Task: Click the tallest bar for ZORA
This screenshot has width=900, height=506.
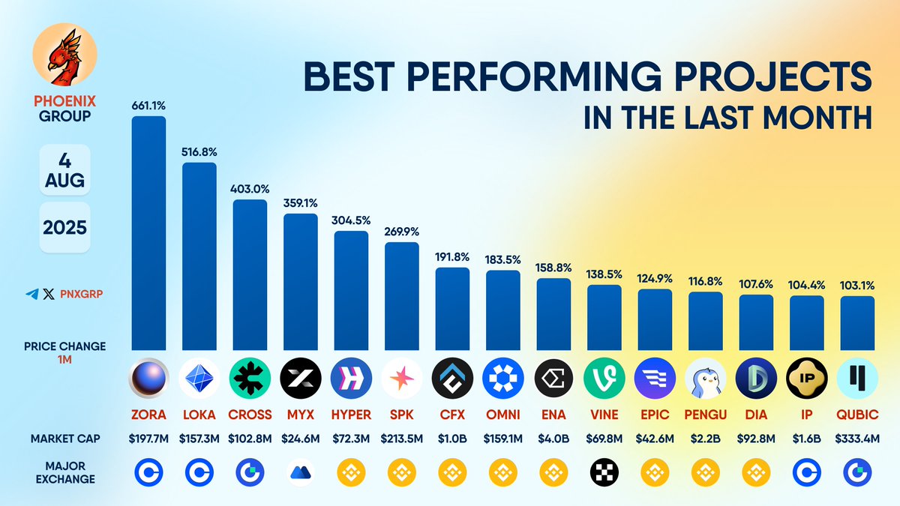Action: pyautogui.click(x=148, y=232)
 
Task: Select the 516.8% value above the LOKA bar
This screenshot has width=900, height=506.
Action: pyautogui.click(x=199, y=152)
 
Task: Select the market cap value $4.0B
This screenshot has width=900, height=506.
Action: pyautogui.click(x=553, y=439)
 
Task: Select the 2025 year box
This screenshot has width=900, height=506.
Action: pyautogui.click(x=64, y=226)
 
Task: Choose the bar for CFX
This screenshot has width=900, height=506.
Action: pyautogui.click(x=452, y=308)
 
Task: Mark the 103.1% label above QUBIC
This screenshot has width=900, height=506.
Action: pyautogui.click(x=857, y=286)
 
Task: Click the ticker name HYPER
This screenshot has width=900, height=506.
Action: pyautogui.click(x=351, y=415)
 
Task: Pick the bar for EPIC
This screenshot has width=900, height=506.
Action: pyautogui.click(x=655, y=319)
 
